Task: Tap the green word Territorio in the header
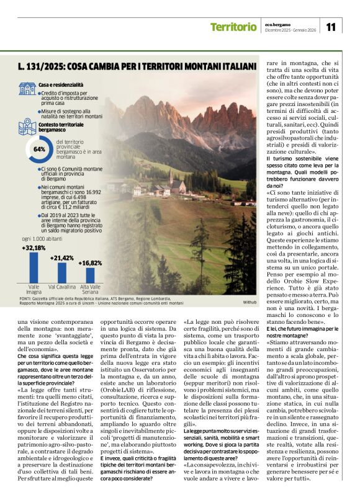233,27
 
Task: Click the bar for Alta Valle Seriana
91,275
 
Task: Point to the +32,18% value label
34,248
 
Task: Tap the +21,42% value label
62,257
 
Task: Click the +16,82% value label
91,262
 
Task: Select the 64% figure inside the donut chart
39,150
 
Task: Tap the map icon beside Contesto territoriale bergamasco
27,126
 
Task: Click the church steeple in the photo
171,177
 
